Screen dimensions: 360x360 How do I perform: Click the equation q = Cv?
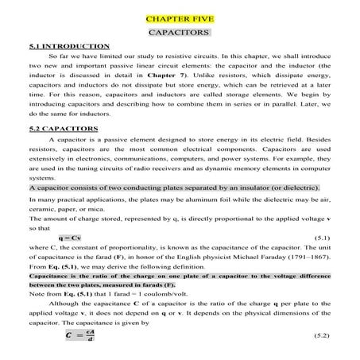[69, 238]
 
